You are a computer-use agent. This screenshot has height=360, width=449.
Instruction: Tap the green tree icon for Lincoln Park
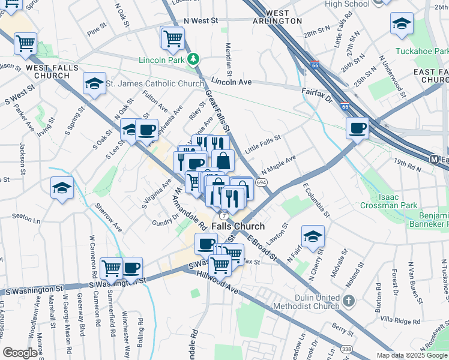pos(193,59)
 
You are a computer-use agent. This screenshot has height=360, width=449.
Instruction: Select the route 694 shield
pos(261,182)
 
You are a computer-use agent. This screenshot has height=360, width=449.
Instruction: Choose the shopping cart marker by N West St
pos(173,38)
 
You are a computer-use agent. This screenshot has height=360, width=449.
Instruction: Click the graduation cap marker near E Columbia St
pos(313,237)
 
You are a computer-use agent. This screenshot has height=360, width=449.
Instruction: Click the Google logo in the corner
pos(20,353)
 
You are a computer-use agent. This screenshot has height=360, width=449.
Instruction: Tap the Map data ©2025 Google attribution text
pos(412,355)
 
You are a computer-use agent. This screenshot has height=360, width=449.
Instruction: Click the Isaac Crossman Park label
pos(389,201)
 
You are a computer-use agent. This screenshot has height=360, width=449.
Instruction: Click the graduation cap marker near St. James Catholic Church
pos(94,85)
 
